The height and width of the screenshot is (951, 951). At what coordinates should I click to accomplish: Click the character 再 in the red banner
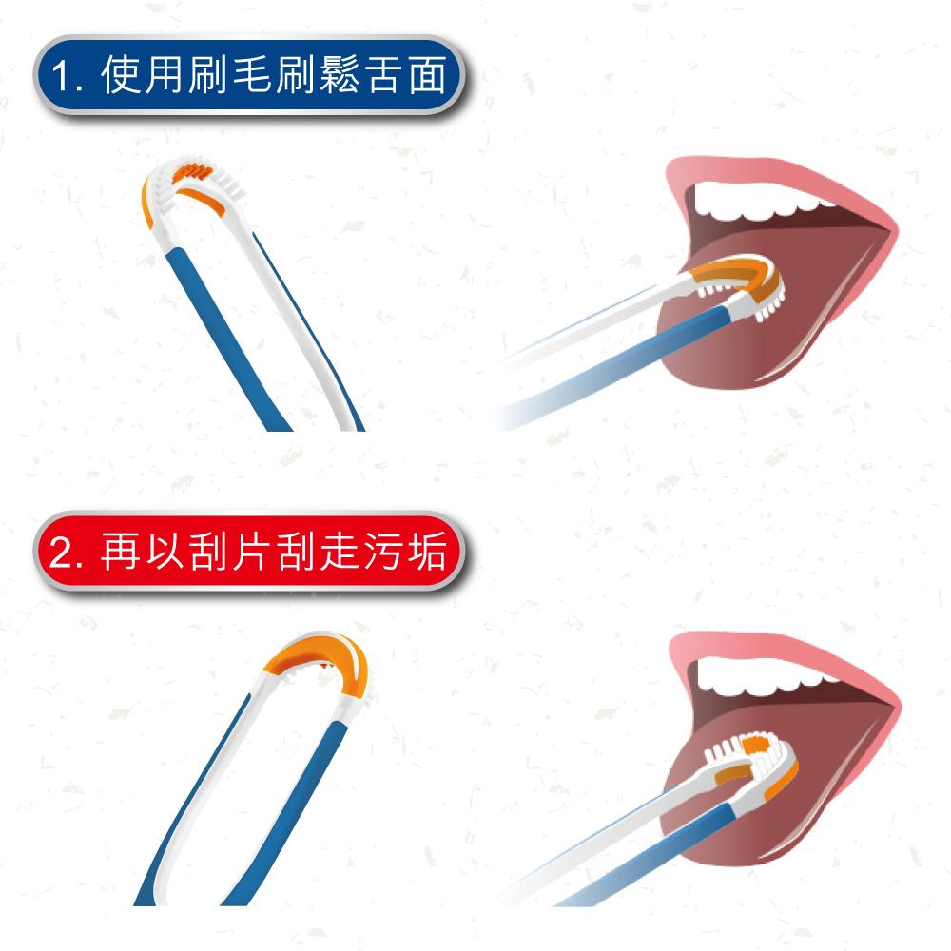tap(120, 551)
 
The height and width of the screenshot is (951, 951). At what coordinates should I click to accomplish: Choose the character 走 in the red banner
tap(339, 551)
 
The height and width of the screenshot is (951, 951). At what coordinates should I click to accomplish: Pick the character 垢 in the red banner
tap(427, 551)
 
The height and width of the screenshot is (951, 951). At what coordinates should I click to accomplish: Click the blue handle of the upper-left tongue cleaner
tap(226, 340)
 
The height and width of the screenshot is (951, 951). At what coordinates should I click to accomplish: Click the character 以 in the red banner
tap(165, 551)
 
